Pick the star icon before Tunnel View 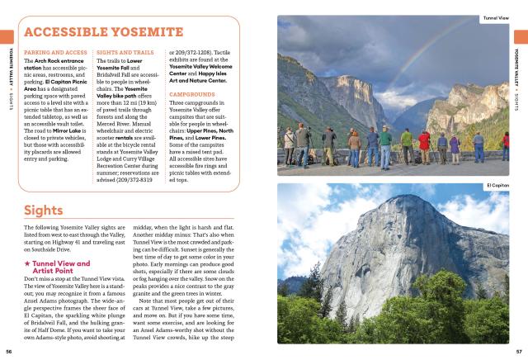tap(27, 263)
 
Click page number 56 tap(7, 350)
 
